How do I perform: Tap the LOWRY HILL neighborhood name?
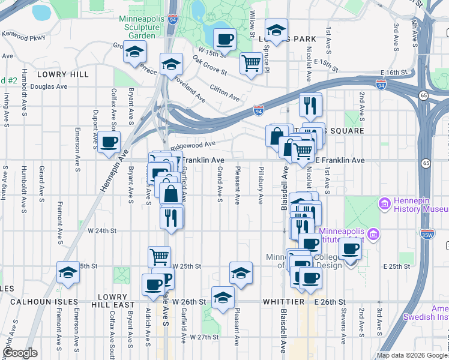(x=62, y=74)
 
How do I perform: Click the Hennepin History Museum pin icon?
(x=384, y=204)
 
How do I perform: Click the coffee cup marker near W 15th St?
(x=224, y=40)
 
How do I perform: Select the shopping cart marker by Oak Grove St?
(x=252, y=63)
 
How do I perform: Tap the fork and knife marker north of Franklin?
(x=310, y=106)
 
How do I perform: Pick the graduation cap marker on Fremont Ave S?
(x=68, y=272)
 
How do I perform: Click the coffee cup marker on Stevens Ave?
(x=351, y=248)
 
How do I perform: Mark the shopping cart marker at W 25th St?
(x=159, y=257)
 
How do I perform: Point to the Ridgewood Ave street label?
(x=193, y=144)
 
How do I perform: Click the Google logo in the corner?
(x=20, y=353)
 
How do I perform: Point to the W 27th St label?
(x=204, y=337)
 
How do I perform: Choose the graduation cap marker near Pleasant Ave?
(x=241, y=272)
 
